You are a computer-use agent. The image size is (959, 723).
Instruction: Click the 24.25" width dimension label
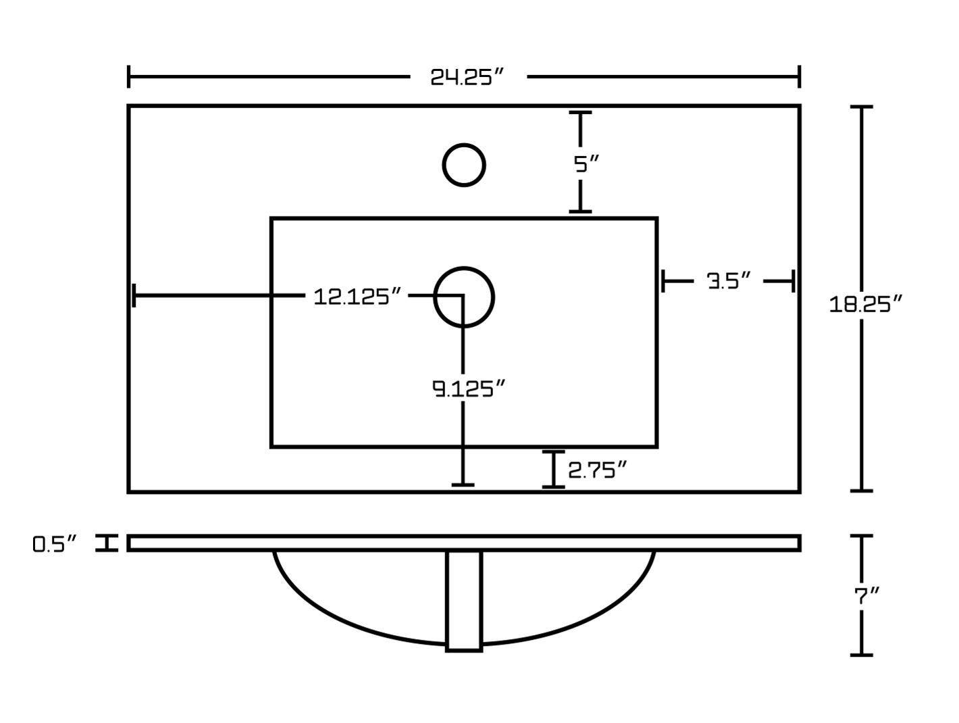(467, 77)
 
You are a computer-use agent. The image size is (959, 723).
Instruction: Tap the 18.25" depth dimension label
(865, 304)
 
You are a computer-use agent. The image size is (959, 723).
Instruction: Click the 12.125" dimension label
(357, 296)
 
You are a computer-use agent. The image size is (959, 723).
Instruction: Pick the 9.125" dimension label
(468, 389)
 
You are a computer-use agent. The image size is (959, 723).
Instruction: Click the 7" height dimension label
(866, 596)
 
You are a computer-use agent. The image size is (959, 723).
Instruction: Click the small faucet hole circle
(464, 165)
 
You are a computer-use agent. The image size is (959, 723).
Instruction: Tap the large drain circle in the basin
(464, 297)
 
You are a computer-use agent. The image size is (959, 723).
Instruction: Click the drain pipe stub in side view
(464, 601)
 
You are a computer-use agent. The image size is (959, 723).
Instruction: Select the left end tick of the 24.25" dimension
(128, 76)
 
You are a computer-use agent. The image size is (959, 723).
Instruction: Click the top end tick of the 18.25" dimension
(861, 107)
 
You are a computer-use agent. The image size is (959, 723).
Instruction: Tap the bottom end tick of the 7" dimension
(861, 654)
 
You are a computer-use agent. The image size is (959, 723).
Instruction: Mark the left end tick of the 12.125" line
(134, 295)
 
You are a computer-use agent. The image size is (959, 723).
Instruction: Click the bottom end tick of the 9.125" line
(463, 484)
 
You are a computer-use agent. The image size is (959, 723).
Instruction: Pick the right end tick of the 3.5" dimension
(792, 280)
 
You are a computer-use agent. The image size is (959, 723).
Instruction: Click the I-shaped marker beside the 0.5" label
(106, 543)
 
